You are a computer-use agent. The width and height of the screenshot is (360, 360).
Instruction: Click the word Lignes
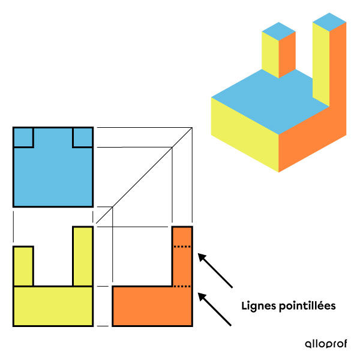coord(258,306)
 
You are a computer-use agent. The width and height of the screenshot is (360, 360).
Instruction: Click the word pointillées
coord(307,306)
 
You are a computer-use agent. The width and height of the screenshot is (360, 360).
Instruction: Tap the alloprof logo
coord(326,344)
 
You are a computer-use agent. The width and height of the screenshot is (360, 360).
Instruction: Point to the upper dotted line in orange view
coord(182,247)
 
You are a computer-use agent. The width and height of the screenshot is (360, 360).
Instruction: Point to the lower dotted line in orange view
coord(182,286)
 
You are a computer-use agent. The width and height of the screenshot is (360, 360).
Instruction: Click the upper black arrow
coord(215,271)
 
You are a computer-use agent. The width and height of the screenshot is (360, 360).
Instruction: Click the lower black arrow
coord(215,309)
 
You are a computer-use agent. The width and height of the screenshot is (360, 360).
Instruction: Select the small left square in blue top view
coord(23,137)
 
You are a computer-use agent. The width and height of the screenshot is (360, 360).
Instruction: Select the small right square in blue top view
coord(83,137)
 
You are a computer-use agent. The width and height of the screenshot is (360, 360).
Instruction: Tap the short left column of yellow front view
coord(23,266)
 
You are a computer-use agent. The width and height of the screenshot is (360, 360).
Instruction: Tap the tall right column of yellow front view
coord(83,256)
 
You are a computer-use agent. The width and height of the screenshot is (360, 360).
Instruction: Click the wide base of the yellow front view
coord(53,306)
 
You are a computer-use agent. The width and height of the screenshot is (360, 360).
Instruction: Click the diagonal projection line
coord(144,175)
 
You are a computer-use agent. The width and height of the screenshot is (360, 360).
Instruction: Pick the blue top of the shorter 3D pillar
coord(279,31)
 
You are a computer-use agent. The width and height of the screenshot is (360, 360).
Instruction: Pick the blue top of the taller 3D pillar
coord(329,22)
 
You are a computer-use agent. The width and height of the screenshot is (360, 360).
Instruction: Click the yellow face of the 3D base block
coord(245,134)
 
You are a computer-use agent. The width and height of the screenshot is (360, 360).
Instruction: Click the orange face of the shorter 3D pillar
coord(287,55)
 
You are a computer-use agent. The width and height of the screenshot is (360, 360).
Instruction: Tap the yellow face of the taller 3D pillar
coord(321,64)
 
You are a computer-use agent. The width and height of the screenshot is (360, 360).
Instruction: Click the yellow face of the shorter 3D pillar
coord(270,55)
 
